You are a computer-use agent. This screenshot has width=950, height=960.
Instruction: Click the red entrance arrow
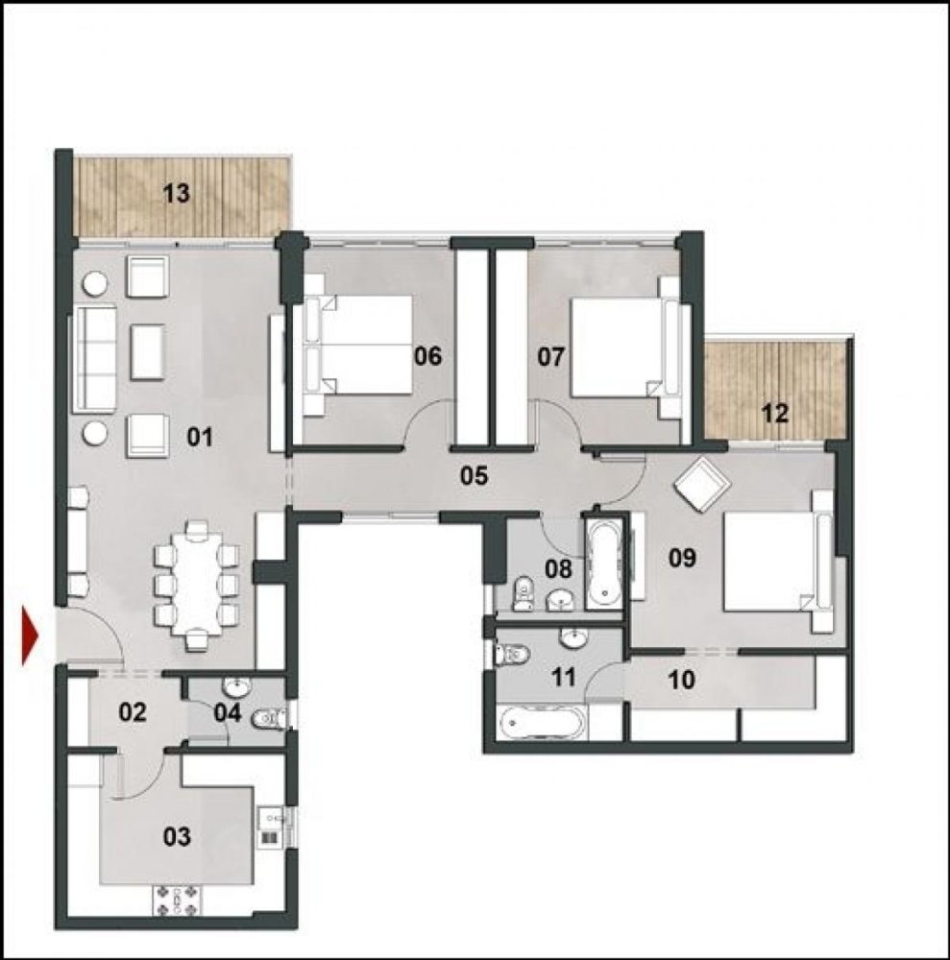click(x=30, y=636)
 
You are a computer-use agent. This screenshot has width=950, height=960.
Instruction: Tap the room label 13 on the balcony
click(x=176, y=193)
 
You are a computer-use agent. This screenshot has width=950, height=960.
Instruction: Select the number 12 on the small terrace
click(x=774, y=414)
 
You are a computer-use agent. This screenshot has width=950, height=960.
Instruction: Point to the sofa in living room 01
click(x=93, y=357)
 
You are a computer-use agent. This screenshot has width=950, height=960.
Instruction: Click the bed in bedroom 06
click(x=360, y=345)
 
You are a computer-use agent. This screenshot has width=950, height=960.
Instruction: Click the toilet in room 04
click(x=272, y=718)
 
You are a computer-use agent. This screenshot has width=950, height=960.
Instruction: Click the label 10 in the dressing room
click(x=680, y=680)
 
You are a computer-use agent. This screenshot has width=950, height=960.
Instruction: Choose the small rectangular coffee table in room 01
click(x=146, y=349)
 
